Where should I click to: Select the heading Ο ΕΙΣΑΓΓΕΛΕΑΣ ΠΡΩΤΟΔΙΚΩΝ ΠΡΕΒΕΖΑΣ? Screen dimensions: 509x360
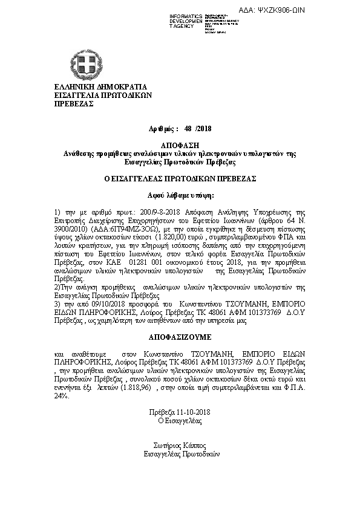click(180, 179)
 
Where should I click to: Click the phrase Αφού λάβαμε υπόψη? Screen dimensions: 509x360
click(180, 196)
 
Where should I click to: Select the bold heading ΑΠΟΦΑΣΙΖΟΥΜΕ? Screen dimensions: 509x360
click(180, 334)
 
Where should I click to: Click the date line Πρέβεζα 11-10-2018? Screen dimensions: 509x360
click(180, 411)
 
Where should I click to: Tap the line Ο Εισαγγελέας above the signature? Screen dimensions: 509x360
click(180, 419)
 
